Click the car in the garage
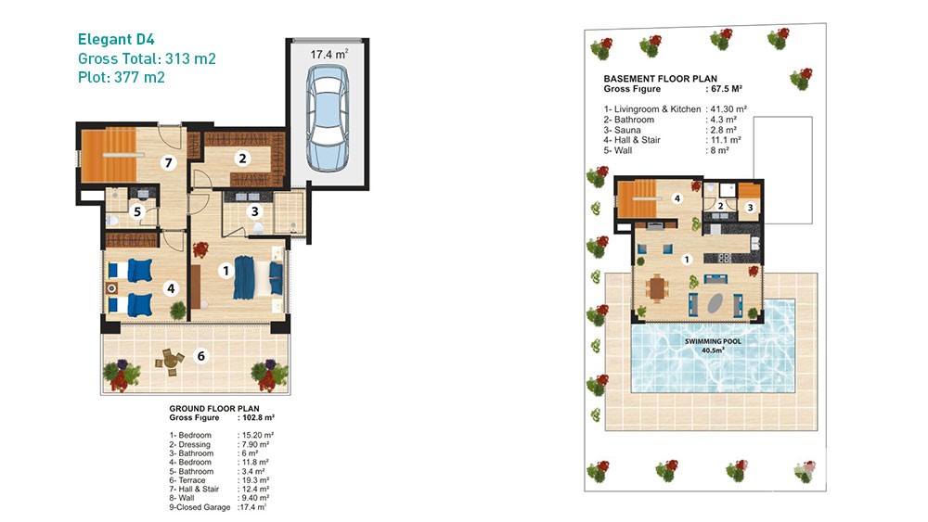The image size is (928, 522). [x=328, y=119]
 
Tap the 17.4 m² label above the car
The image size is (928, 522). [x=329, y=55]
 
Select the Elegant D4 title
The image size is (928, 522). [x=116, y=40]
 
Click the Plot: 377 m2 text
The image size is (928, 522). [x=122, y=78]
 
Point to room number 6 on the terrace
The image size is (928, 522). [x=201, y=356]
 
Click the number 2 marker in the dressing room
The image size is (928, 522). [x=242, y=159]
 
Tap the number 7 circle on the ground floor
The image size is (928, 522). [x=169, y=162]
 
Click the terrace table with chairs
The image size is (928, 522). [x=170, y=360]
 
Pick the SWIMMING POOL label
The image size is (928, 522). [x=713, y=341]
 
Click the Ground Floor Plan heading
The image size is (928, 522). [x=214, y=409]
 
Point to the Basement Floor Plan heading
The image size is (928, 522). [x=661, y=79]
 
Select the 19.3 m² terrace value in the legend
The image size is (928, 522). [x=255, y=480]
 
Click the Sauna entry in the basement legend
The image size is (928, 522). [x=626, y=130]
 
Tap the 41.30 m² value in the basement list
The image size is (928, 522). [x=728, y=109]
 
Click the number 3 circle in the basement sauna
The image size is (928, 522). [x=751, y=208]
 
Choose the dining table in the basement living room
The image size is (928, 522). [x=656, y=289]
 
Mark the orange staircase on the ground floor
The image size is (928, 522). [x=109, y=155]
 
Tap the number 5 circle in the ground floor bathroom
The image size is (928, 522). [x=137, y=211]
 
